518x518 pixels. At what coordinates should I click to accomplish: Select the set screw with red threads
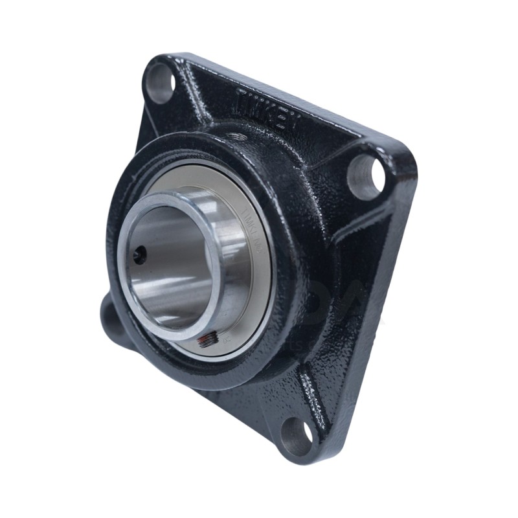coord(206,341)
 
